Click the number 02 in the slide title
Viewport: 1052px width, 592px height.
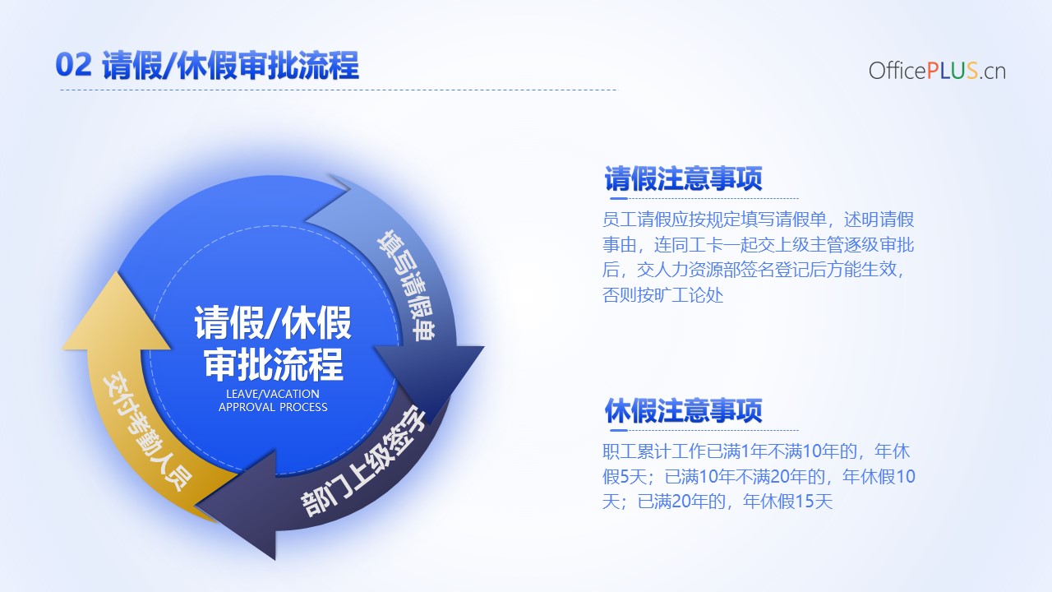coord(73,65)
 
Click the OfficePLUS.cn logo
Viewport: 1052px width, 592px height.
coord(937,71)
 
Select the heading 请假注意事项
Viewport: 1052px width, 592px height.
coord(683,178)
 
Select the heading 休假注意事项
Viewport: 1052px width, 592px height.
coord(683,410)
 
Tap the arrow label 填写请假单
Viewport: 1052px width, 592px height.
coord(407,285)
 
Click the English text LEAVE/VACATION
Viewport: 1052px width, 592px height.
coord(272,394)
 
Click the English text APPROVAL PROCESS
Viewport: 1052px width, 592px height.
coord(273,407)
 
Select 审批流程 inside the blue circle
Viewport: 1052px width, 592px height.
coord(274,364)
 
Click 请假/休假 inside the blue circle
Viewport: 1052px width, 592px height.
coord(273,323)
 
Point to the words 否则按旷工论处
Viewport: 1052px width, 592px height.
coord(662,295)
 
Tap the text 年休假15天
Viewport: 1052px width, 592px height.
coord(787,502)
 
